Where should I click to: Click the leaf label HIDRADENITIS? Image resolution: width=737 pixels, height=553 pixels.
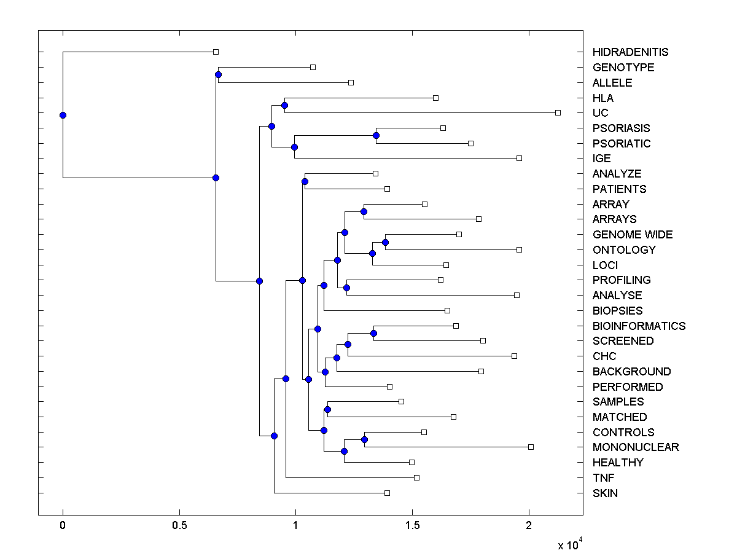630,52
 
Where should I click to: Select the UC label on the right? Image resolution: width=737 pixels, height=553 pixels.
601,113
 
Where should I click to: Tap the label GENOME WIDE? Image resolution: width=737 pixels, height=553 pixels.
633,235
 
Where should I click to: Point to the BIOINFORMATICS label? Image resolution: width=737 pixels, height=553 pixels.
639,326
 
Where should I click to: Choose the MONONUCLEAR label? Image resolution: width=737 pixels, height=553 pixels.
636,447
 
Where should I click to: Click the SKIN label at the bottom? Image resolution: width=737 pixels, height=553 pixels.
605,493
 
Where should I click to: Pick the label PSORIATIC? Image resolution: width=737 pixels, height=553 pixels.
622,143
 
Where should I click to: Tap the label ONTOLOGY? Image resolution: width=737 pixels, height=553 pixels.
624,249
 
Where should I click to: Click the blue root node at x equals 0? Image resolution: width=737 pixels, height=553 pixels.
63,115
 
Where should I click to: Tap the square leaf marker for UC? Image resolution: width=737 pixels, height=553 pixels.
558,112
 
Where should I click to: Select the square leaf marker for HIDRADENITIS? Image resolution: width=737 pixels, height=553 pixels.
216,52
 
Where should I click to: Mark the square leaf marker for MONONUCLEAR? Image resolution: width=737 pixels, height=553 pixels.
531,447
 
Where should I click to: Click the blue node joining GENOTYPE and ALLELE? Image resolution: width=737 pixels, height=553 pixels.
218,75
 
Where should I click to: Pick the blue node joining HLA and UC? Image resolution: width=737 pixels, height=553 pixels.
284,105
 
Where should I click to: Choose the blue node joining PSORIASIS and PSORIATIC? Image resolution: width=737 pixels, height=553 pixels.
376,135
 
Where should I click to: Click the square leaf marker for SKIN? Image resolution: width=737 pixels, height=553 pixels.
387,493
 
